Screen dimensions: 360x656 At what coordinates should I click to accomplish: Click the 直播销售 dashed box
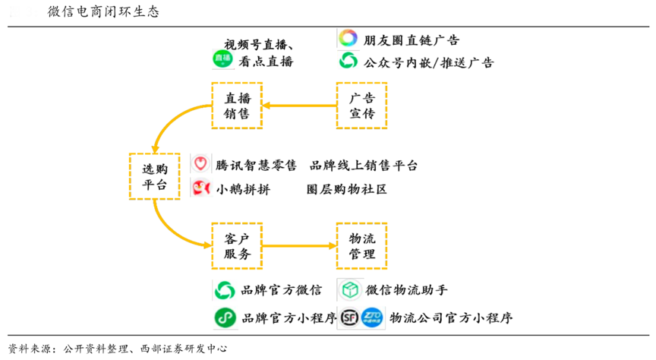[236, 106]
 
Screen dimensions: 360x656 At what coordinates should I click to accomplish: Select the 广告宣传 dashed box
[361, 106]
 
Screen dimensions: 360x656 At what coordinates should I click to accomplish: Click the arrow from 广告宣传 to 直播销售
[299, 106]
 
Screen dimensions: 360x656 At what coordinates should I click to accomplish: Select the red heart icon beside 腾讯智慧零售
[200, 164]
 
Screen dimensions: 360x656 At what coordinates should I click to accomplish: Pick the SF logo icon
[350, 317]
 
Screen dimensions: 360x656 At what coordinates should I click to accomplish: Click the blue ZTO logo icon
[372, 317]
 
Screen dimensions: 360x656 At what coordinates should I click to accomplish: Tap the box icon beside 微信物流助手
[350, 290]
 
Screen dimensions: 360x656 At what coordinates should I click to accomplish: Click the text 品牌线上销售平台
[364, 165]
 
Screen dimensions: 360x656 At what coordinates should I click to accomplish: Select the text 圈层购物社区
[346, 189]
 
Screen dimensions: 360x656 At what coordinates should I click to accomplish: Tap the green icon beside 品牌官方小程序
[224, 317]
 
